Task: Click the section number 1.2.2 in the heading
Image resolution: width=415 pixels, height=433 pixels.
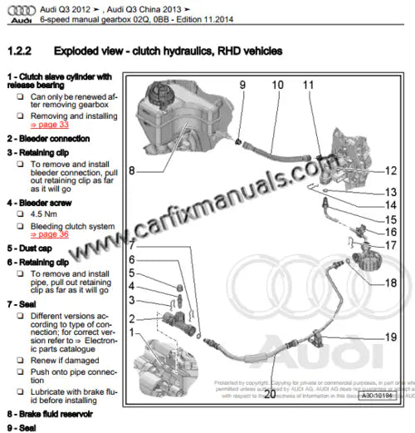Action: tap(20, 52)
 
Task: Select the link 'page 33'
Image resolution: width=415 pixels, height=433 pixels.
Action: tap(51, 125)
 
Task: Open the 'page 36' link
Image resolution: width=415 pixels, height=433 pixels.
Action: tap(51, 235)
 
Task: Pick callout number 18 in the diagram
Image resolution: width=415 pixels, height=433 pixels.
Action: tap(391, 283)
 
